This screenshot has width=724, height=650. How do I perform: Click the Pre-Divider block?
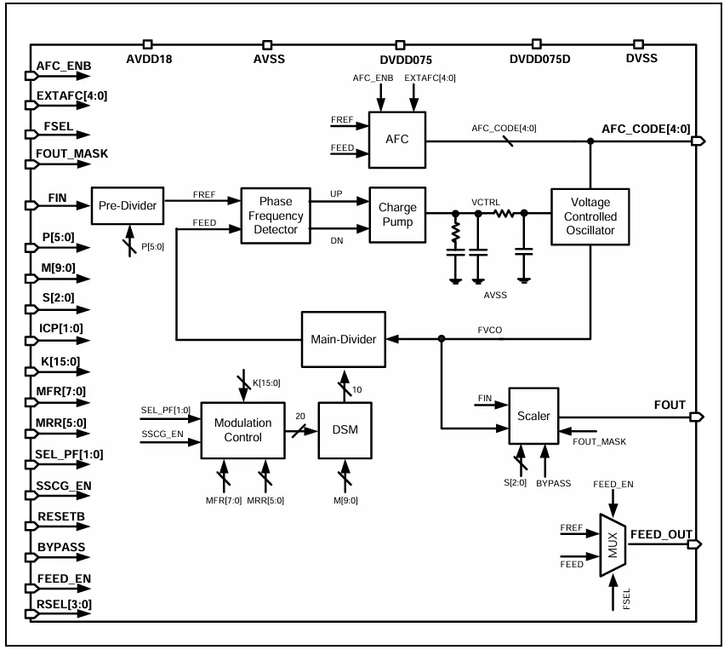click(128, 205)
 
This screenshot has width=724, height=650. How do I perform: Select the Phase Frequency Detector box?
click(276, 216)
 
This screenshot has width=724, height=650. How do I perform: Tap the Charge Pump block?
click(397, 215)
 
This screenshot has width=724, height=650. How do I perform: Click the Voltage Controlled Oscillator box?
click(590, 216)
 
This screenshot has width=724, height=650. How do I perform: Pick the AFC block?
click(397, 140)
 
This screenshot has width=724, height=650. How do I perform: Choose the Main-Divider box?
click(344, 339)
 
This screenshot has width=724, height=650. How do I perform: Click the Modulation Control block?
click(242, 430)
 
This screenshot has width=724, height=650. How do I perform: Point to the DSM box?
click(345, 430)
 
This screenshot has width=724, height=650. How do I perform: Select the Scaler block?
click(533, 416)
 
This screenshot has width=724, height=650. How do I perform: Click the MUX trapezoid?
click(613, 545)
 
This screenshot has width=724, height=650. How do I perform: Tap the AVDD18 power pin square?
click(148, 44)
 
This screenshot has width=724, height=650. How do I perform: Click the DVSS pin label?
click(641, 58)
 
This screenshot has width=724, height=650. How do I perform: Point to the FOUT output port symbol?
click(697, 417)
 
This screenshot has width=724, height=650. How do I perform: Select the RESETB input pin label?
click(61, 516)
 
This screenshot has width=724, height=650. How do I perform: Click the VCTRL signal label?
click(485, 203)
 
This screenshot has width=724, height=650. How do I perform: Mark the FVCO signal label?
click(490, 330)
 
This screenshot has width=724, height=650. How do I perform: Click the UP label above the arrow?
click(336, 193)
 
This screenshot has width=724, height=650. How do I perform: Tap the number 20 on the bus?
click(300, 416)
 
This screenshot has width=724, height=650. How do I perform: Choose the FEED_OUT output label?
click(661, 534)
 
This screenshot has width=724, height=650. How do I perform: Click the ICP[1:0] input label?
click(61, 328)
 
